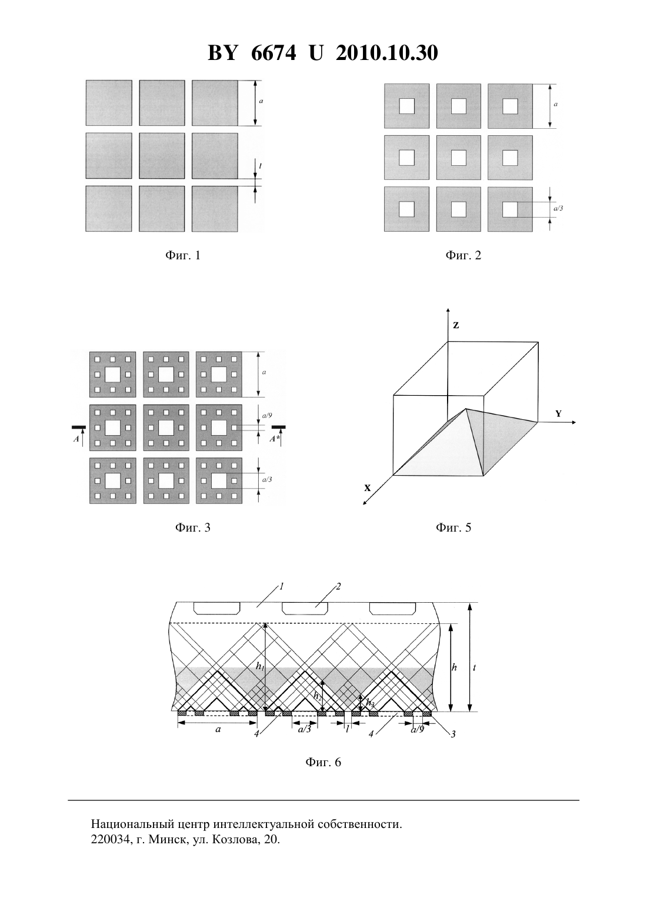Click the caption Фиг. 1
182,255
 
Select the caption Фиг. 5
453,527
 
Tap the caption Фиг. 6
323,762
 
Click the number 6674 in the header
273,53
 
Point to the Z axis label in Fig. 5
456,326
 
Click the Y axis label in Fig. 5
558,414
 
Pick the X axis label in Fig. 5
368,487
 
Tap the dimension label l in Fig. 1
260,166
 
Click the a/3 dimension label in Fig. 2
558,208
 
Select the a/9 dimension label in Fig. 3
266,415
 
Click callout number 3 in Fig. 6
453,734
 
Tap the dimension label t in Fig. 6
474,667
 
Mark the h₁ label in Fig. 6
260,666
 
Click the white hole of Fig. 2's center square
458,158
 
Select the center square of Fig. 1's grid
162,156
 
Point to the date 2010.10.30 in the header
387,53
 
